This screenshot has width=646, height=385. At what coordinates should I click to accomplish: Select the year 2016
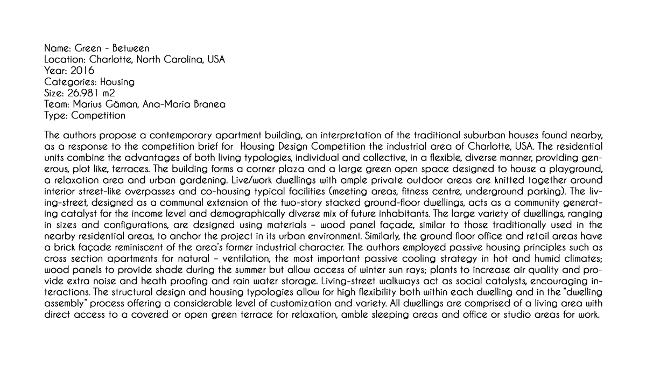click(83, 71)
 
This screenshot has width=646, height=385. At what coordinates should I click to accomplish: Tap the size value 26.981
click(84, 93)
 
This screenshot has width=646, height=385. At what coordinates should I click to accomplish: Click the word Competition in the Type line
click(98, 116)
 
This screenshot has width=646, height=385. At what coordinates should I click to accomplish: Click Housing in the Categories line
click(117, 82)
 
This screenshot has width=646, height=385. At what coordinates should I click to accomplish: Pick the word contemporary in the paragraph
click(180, 134)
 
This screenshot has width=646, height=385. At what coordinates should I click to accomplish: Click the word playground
click(573, 169)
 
